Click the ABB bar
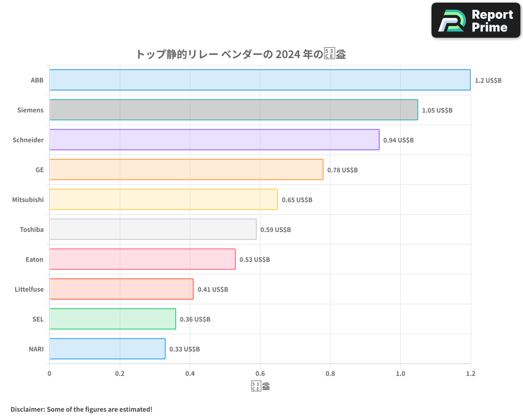[260, 80]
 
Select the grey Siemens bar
[234, 110]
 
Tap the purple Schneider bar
[214, 140]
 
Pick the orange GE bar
[186, 170]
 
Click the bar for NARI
[107, 349]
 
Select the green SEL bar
[112, 319]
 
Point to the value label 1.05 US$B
[437, 111]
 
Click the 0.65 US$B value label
[297, 200]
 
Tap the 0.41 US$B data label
[213, 290]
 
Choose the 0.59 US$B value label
[276, 230]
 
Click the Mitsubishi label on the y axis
[28, 200]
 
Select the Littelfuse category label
[29, 289]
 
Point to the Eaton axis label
[35, 259]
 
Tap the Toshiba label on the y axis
[31, 229]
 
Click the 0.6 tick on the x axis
[260, 374]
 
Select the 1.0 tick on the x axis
[400, 374]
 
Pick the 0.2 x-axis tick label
[120, 374]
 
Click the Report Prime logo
[476, 20]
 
